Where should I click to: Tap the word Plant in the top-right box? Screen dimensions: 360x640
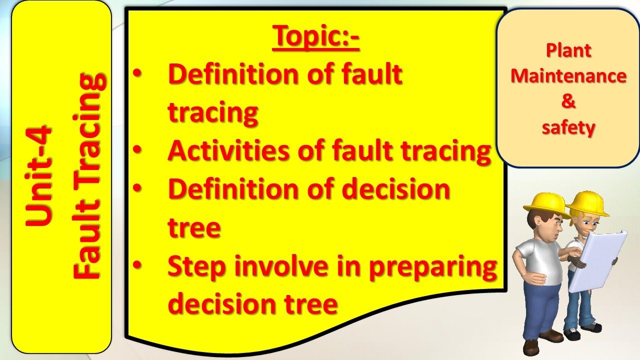click(568, 50)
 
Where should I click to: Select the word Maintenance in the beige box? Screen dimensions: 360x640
click(568, 76)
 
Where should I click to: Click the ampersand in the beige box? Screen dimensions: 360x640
click(568, 102)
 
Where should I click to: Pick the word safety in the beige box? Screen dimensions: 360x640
click(568, 128)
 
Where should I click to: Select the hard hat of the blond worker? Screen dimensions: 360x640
click(587, 202)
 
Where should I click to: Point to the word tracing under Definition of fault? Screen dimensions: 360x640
click(213, 113)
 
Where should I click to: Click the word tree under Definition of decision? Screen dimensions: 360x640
click(194, 228)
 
